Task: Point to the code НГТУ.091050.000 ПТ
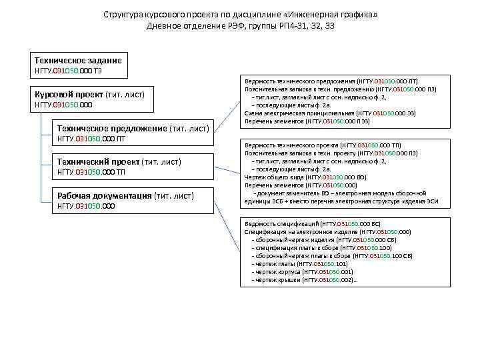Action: (91, 139)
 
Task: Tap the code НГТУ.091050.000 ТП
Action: (91, 173)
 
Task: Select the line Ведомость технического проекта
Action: (331, 145)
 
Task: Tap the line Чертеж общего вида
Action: (305, 178)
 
